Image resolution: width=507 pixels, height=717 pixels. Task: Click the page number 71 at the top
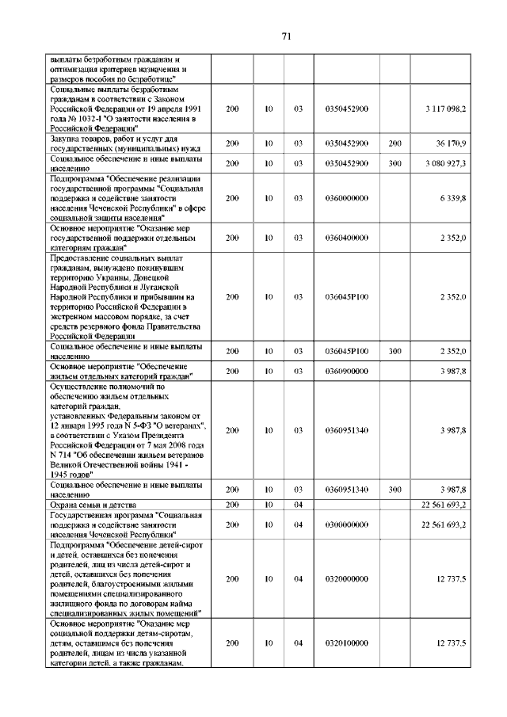287,36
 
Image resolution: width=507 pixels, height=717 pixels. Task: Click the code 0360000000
347,198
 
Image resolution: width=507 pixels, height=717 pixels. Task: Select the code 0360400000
347,237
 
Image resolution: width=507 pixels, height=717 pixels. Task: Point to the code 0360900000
347,371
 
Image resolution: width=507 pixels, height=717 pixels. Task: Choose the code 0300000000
347,524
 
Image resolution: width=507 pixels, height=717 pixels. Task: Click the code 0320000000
347,579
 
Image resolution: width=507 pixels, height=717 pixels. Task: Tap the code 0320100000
347,643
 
